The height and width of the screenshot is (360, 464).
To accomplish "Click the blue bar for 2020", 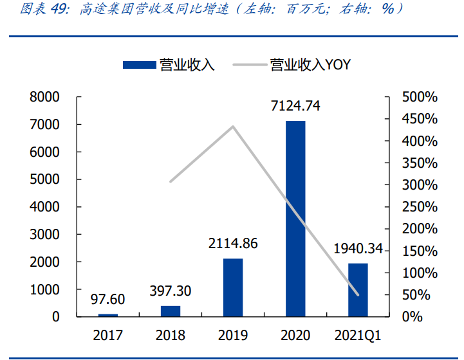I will pyautogui.click(x=295, y=219).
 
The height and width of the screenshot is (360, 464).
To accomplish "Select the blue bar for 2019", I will pyautogui.click(x=233, y=287).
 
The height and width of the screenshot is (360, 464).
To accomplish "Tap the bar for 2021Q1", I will pyautogui.click(x=358, y=290).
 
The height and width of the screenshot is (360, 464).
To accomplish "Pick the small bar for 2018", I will pyautogui.click(x=171, y=311).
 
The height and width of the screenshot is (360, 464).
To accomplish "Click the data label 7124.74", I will pyautogui.click(x=295, y=105).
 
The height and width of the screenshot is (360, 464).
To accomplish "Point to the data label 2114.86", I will pyautogui.click(x=233, y=244).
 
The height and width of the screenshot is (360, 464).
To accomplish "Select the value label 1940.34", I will pyautogui.click(x=358, y=249).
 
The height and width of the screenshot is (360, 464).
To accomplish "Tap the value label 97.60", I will pyautogui.click(x=108, y=300).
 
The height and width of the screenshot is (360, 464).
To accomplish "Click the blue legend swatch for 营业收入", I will pyautogui.click(x=140, y=64).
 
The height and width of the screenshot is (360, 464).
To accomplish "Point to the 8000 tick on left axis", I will pyautogui.click(x=44, y=97).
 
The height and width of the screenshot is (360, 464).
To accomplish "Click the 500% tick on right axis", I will pyautogui.click(x=420, y=97).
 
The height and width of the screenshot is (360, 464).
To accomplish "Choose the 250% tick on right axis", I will pyautogui.click(x=420, y=207).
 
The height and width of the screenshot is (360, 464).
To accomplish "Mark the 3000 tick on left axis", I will pyautogui.click(x=44, y=235).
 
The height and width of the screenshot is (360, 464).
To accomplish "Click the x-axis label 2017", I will pyautogui.click(x=108, y=336).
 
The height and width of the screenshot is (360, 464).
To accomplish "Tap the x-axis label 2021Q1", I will pyautogui.click(x=358, y=336).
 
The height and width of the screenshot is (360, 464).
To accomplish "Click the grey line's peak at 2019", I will pyautogui.click(x=233, y=126).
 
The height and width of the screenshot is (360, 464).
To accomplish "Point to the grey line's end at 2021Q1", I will pyautogui.click(x=358, y=295).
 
